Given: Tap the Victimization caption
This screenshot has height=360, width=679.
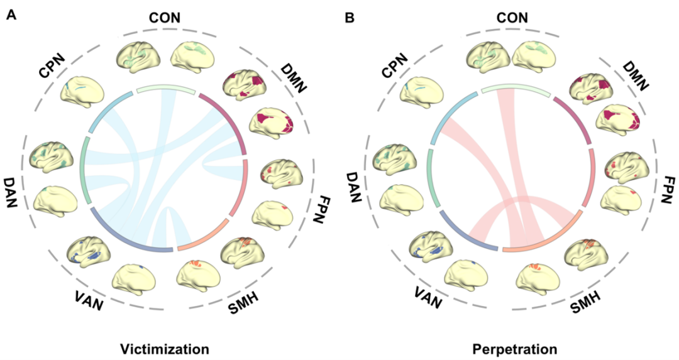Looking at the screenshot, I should pyautogui.click(x=165, y=347).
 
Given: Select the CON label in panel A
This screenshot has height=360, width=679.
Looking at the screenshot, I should pyautogui.click(x=165, y=18).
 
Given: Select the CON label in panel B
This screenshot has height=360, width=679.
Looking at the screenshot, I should pyautogui.click(x=513, y=18).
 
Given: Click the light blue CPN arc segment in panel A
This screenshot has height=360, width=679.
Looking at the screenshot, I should pyautogui.click(x=107, y=111).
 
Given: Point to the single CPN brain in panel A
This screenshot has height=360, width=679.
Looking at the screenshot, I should pyautogui.click(x=81, y=90).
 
